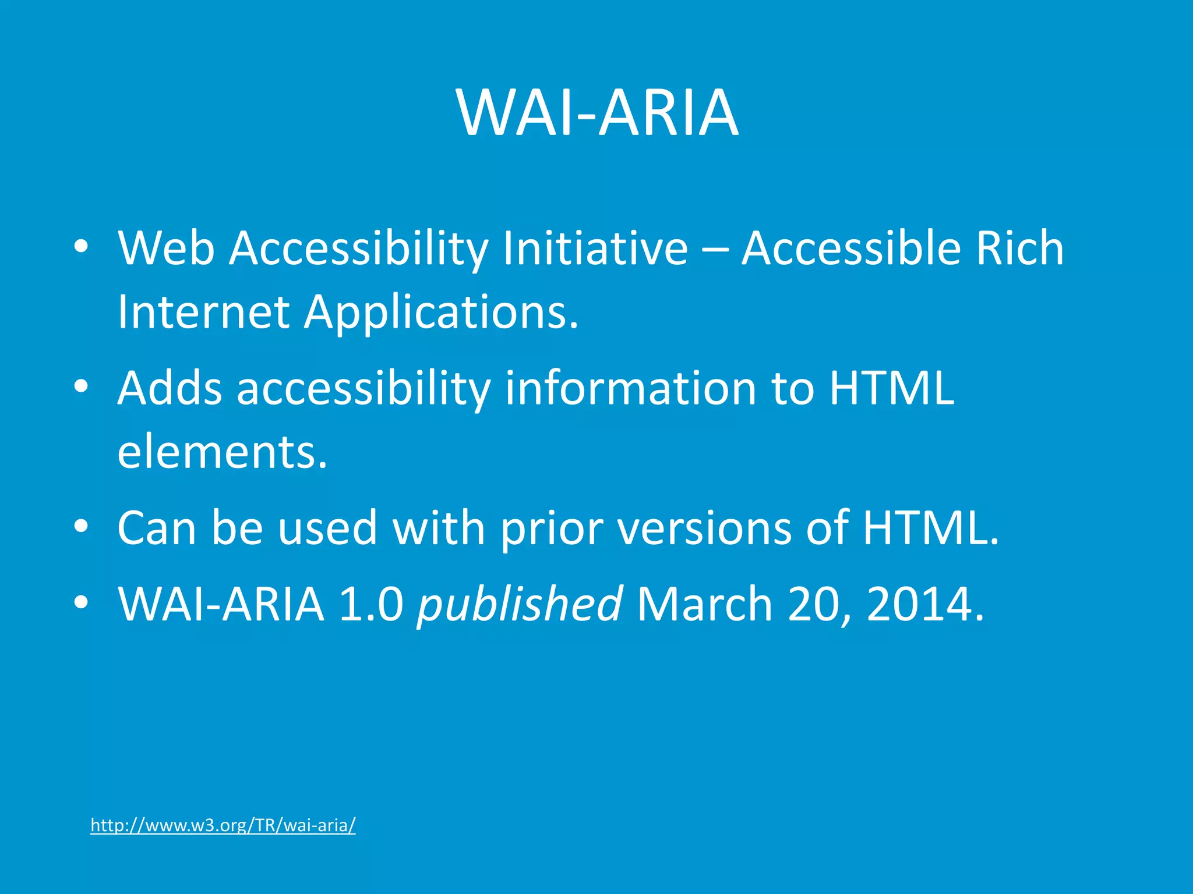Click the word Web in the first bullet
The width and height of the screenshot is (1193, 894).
166,249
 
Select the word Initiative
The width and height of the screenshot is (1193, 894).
595,249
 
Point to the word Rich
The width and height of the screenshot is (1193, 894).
1019,249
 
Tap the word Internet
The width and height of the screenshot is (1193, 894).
203,312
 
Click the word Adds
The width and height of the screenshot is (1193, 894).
170,388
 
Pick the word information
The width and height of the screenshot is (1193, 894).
631,388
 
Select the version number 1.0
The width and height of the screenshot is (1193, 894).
371,604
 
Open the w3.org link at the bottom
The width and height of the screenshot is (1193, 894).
223,825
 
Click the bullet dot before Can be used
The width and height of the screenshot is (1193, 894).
81,527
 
